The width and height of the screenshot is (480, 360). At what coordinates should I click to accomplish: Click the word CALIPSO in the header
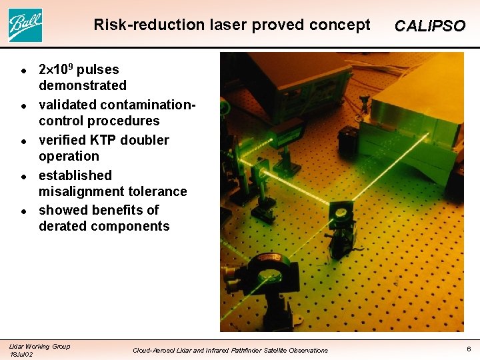pos(429,27)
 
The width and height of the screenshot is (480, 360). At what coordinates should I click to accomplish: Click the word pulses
pos(98,69)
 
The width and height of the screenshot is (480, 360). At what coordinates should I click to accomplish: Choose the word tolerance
pos(159,191)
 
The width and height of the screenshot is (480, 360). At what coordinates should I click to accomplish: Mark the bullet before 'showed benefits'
pos(23,211)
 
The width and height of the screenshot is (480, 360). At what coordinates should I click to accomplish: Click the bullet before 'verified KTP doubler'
pos(23,141)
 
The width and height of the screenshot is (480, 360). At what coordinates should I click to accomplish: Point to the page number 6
pos(469,349)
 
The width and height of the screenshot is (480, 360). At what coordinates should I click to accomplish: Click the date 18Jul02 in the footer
pos(21,354)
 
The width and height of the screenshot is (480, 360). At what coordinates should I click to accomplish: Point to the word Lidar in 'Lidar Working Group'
pos(16,346)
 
